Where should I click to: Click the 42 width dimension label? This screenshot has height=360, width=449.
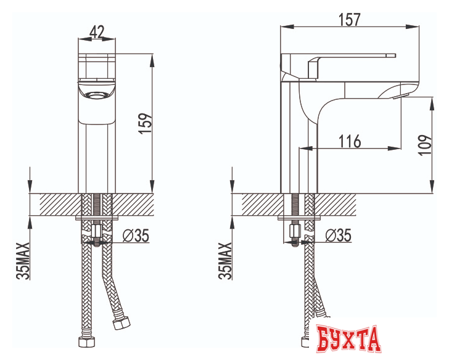coord(97,32)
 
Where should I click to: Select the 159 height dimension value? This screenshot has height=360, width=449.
coord(145,123)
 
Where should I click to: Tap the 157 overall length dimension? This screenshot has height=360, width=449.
coord(349,20)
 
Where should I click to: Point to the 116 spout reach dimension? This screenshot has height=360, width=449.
coord(350,141)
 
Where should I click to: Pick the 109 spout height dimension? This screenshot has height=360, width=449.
coord(425,145)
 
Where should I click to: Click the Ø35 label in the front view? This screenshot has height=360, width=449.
coord(136,235)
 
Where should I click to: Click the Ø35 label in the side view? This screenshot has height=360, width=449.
coord(338,235)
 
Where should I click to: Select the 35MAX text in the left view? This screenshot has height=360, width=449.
coord(23,261)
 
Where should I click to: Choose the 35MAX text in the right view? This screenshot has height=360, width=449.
coord(224,261)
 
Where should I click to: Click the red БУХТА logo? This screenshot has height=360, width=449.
coord(348,339)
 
